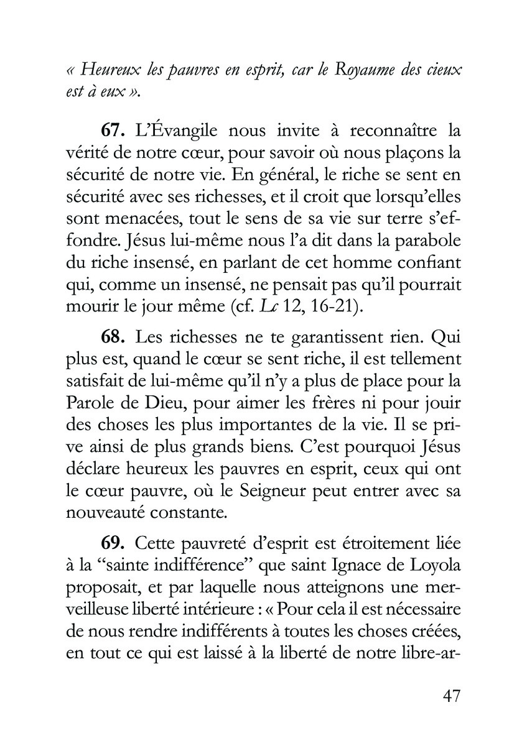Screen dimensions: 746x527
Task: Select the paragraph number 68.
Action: [x=114, y=337]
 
